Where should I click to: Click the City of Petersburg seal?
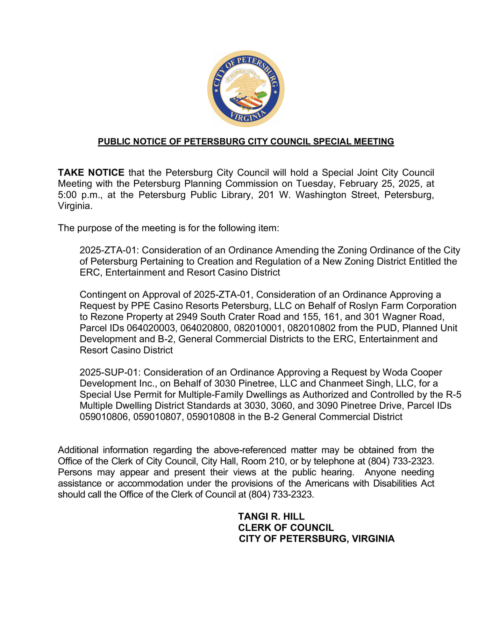coord(246,89)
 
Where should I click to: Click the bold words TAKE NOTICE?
coord(91,173)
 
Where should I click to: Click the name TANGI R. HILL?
coord(271,516)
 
